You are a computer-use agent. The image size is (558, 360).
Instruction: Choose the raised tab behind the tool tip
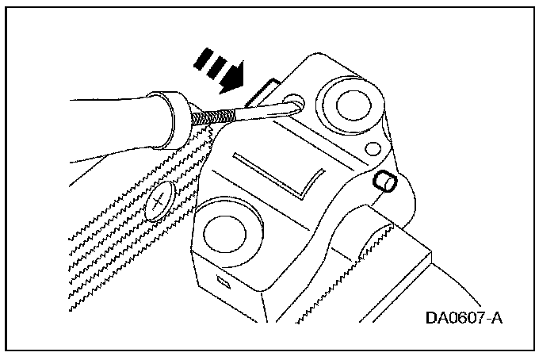(262, 91)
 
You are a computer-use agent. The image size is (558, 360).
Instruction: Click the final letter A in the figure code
(498, 318)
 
